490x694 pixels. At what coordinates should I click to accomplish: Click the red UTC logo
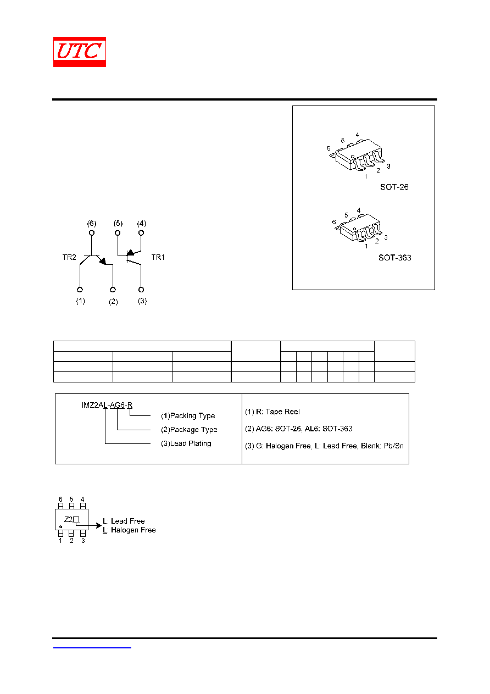[x=79, y=52]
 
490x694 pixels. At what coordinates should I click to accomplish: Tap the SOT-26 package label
[x=394, y=187]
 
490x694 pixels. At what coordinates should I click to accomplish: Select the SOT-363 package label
[x=394, y=258]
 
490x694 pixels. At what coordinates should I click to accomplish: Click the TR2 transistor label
[x=69, y=257]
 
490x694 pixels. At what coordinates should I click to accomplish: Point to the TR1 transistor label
[x=158, y=257]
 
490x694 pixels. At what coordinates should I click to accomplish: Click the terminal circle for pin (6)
[x=91, y=232]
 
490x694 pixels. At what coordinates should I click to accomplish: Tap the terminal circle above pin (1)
[x=80, y=290]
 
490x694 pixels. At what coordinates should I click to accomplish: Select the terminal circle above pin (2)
[x=113, y=290]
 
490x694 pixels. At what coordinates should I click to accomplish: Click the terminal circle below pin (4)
[x=141, y=232]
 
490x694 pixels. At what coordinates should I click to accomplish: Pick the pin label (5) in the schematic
[x=118, y=224]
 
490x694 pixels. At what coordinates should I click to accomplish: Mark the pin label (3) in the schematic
[x=142, y=301]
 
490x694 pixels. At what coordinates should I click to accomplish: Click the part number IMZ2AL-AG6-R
[x=107, y=405]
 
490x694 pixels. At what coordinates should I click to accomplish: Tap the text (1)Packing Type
[x=188, y=416]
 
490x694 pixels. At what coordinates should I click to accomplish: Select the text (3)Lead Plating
[x=186, y=443]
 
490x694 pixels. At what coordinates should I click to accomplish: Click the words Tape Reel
[x=282, y=412]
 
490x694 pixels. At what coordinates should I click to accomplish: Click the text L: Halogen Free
[x=129, y=530]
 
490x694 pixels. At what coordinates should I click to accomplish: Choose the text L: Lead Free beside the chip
[x=124, y=521]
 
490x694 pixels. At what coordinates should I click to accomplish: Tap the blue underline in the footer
[x=92, y=647]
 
